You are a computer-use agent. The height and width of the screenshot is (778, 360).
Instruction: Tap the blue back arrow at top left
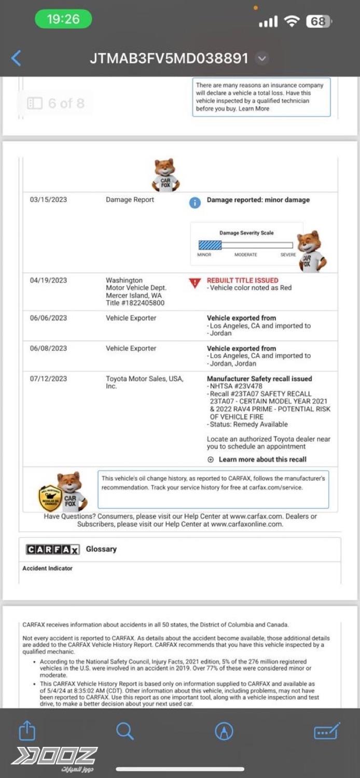[x=16, y=58]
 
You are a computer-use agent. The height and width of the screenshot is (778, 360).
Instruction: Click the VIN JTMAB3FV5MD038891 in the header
[x=169, y=58]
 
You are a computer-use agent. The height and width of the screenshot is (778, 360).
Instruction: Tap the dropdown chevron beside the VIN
[x=262, y=59]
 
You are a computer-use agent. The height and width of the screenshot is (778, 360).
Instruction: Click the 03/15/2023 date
[x=48, y=200]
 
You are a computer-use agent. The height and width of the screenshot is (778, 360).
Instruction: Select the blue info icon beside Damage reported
[x=195, y=203]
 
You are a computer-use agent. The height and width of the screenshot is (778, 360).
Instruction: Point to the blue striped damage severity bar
[x=210, y=245]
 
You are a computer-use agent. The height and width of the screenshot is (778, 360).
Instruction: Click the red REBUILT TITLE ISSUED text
[x=242, y=280]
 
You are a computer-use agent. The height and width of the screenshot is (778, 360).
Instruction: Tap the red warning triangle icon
[x=195, y=283]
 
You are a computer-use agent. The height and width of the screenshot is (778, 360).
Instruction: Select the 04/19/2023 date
[x=48, y=281]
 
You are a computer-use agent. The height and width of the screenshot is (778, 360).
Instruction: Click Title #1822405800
[x=135, y=303]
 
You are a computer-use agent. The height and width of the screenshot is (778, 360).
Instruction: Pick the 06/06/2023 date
[x=48, y=318]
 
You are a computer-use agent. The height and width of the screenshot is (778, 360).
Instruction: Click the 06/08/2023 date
[x=48, y=349]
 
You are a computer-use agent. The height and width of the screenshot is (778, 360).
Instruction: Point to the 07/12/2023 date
[x=48, y=379]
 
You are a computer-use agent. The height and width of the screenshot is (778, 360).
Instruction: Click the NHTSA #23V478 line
[x=236, y=386]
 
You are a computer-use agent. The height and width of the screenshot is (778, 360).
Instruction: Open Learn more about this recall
[x=262, y=460]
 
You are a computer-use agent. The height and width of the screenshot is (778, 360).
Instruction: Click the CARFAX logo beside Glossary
[x=52, y=550]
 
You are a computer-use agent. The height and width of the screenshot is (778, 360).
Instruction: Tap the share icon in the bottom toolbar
[x=27, y=731]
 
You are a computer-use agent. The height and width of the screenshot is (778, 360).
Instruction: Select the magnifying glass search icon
[x=124, y=731]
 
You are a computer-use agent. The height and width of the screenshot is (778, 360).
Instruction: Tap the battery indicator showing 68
[x=319, y=21]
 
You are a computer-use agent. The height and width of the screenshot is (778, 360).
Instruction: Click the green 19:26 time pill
[x=63, y=20]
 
